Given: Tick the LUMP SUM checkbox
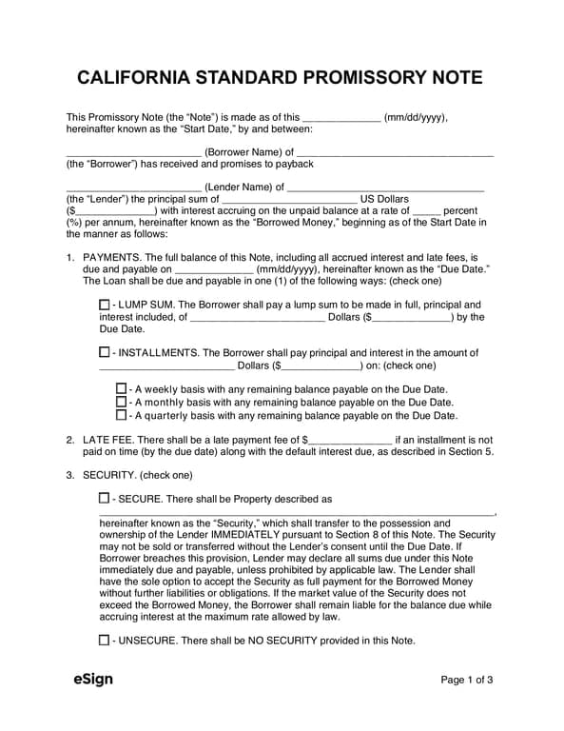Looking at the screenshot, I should coord(104,304).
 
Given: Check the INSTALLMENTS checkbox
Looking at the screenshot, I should coord(104,352).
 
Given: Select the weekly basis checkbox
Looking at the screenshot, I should coord(121,389).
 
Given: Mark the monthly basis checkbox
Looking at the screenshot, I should coord(121,402).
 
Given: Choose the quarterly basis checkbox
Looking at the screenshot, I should coord(121,415).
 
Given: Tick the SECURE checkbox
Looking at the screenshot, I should coord(104,498).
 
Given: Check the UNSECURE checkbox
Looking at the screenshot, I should coord(104,641).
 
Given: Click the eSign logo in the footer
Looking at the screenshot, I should coord(93,680).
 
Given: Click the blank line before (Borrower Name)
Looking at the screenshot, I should coord(133,150).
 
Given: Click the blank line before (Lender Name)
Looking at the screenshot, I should coord(133,187).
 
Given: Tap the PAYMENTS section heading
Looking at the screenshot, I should coord(112,257).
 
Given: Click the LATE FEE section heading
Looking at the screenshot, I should coord(110,440).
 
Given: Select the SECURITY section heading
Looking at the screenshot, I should coord(111,474).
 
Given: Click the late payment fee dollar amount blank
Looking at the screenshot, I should coord(352,441).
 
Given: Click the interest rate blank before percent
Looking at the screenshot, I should coord(428,210).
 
